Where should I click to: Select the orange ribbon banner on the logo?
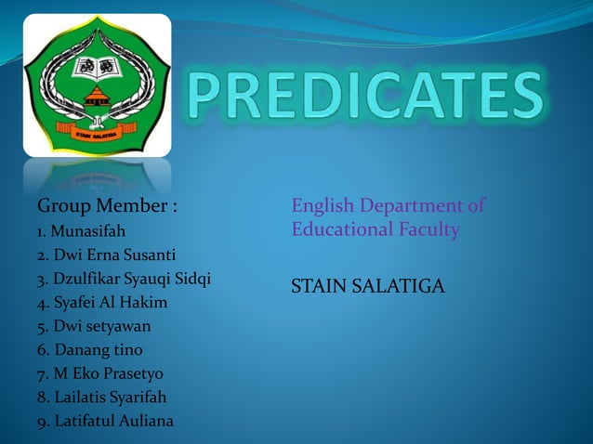[97, 134]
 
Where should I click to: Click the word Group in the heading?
[62, 205]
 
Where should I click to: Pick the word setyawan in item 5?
[118, 327]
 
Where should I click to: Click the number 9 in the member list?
[41, 423]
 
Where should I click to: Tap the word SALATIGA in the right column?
[396, 288]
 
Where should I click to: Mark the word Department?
[410, 205]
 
